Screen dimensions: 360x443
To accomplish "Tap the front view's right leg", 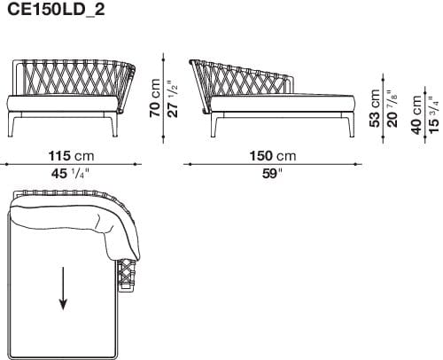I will click(114, 129).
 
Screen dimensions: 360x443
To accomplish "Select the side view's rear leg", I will click(214, 129).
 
